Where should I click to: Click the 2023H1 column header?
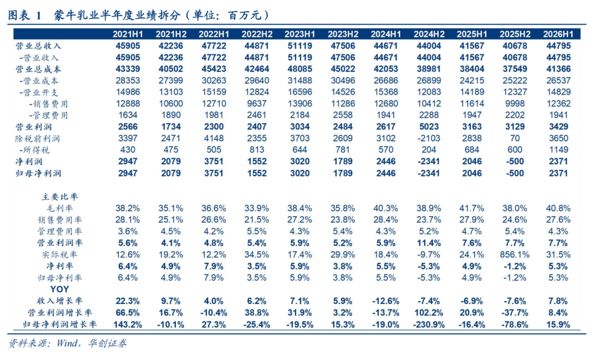(x=300, y=34)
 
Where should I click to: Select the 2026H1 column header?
(x=558, y=34)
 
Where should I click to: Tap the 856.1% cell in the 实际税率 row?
(x=515, y=255)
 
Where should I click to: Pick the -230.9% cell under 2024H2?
(x=429, y=325)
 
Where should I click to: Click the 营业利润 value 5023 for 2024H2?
(x=429, y=127)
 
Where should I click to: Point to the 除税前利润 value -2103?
(x=429, y=138)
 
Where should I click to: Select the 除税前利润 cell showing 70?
(x=515, y=138)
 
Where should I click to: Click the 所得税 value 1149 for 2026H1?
(x=558, y=150)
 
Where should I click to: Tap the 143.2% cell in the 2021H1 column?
(x=128, y=325)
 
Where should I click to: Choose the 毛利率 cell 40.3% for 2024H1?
(x=386, y=208)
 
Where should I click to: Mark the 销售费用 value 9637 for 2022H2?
(x=257, y=104)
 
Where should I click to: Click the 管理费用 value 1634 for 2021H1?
(x=128, y=115)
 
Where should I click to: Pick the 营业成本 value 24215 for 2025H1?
(x=472, y=80)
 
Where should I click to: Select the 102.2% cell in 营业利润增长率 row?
(x=429, y=313)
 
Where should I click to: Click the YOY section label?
(x=60, y=290)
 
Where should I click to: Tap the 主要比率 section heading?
(x=60, y=197)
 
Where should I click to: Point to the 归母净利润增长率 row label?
(x=60, y=325)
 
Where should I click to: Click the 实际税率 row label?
(x=60, y=255)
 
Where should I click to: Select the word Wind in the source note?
(x=67, y=343)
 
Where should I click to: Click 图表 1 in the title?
(x=25, y=16)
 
